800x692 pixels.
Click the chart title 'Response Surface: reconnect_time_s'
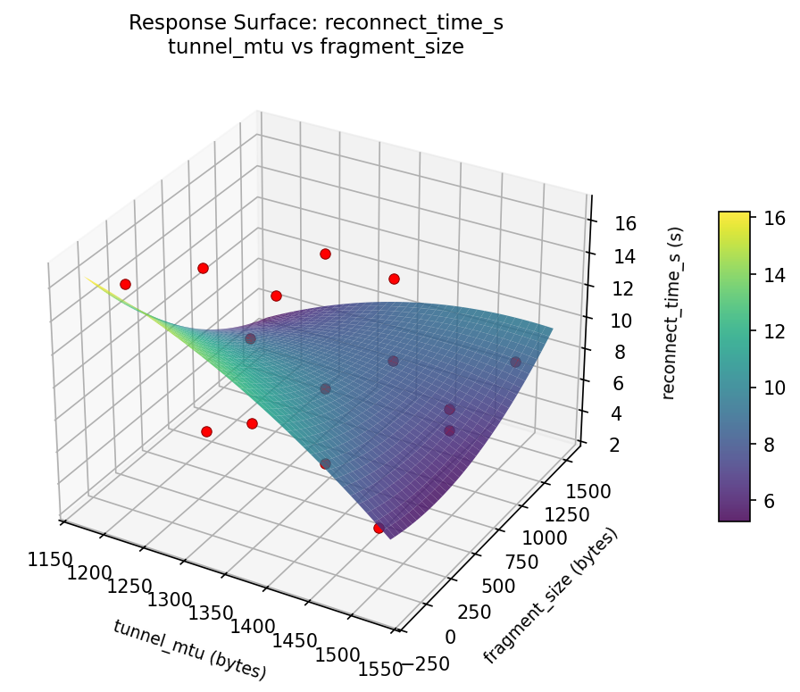tap(316, 23)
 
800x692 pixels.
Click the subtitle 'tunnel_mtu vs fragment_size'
tap(316, 47)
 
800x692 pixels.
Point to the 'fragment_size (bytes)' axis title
tap(551, 595)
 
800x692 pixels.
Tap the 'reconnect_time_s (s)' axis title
tap(676, 312)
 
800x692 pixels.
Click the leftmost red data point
tap(125, 284)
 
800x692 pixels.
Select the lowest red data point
tap(379, 529)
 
